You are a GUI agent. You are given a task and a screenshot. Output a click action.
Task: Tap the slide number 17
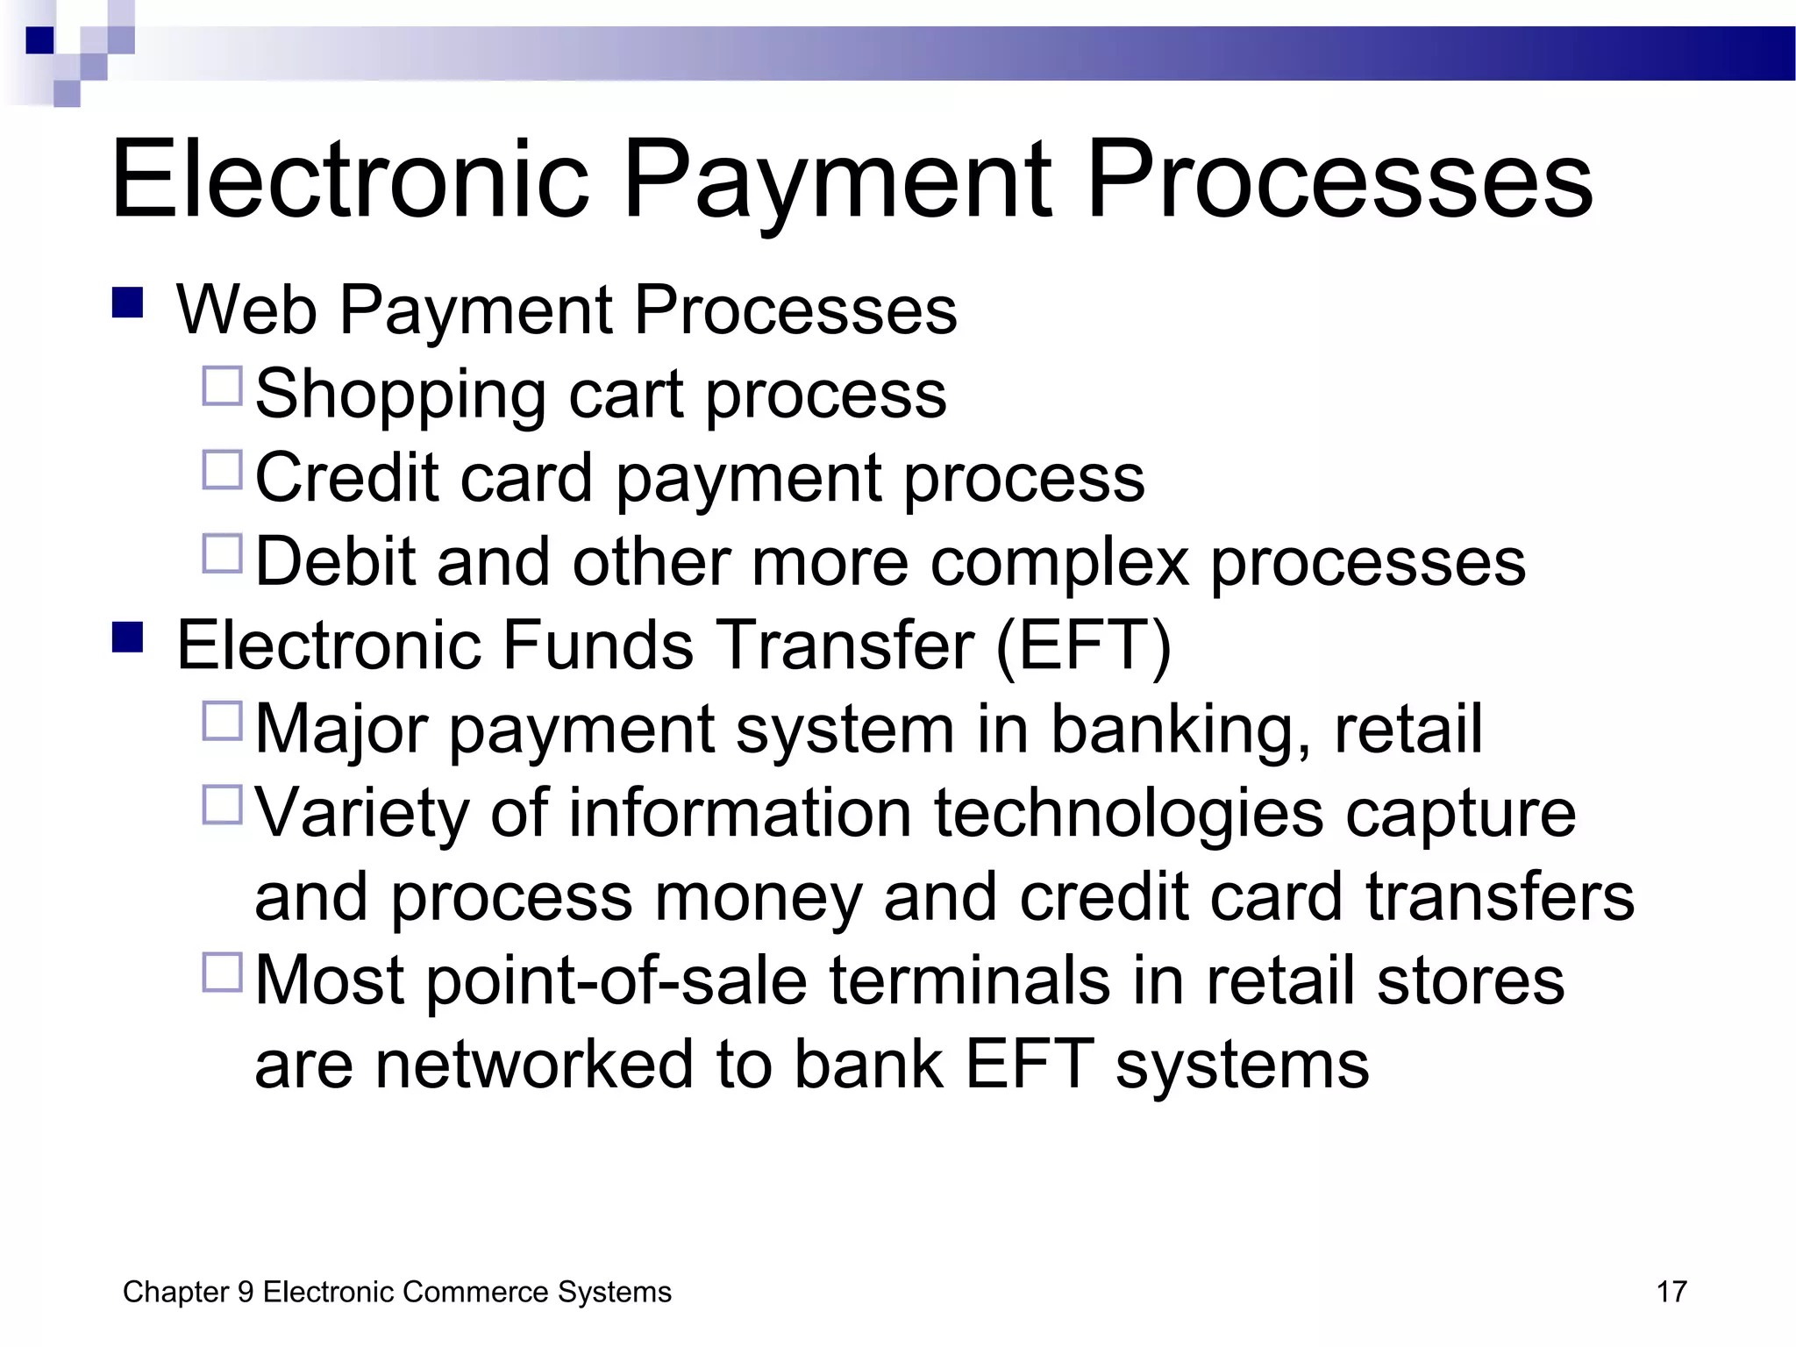pyautogui.click(x=1671, y=1292)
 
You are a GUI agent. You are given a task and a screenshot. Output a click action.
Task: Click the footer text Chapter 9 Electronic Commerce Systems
pyautogui.click(x=396, y=1292)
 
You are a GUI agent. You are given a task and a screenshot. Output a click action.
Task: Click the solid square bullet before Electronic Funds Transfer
pyautogui.click(x=128, y=638)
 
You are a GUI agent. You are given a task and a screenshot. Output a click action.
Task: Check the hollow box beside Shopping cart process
pyautogui.click(x=222, y=386)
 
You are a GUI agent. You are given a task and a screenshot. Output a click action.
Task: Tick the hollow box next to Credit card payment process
pyautogui.click(x=222, y=470)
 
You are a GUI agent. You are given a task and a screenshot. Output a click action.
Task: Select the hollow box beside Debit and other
pyautogui.click(x=222, y=554)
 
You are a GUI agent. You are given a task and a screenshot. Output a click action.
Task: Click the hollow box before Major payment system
pyautogui.click(x=222, y=721)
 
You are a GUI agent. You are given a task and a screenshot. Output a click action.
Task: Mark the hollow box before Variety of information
pyautogui.click(x=222, y=805)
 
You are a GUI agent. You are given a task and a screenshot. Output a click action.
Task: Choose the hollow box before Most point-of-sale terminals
pyautogui.click(x=222, y=973)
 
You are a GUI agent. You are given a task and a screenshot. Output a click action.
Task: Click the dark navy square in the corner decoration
pyautogui.click(x=40, y=40)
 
